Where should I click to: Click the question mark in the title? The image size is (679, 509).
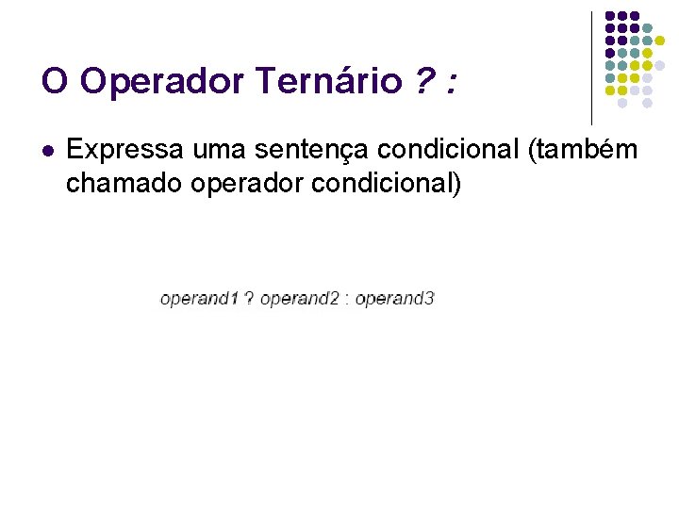[x=425, y=82]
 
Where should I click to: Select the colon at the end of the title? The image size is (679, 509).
[x=454, y=85]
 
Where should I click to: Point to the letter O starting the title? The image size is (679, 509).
[x=55, y=82]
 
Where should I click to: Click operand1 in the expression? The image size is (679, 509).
[x=200, y=300]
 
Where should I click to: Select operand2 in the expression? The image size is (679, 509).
[x=300, y=300]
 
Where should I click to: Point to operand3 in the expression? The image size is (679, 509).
[x=395, y=300]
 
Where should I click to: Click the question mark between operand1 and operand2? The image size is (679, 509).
[x=249, y=300]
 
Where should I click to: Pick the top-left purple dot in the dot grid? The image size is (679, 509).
[x=610, y=17]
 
